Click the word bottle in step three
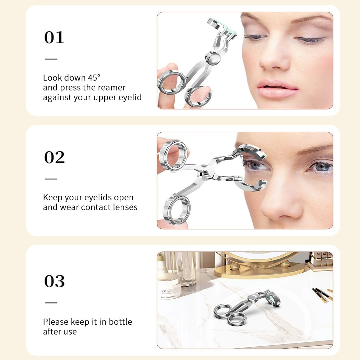pos(121,322)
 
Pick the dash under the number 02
pos(51,179)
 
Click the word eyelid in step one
pos(130,97)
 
